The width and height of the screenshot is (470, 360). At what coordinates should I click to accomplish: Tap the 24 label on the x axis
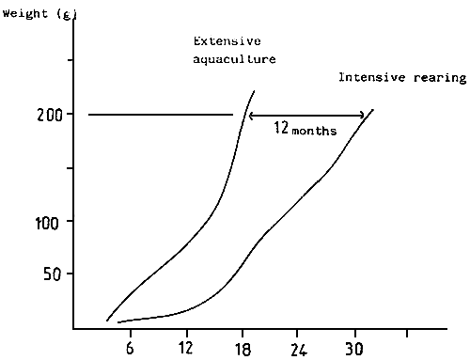[298, 346]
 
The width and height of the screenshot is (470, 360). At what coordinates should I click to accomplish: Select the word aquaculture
[235, 59]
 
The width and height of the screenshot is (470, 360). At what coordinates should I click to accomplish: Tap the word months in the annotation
[314, 133]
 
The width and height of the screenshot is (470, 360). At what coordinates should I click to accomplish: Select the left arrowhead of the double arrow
[251, 116]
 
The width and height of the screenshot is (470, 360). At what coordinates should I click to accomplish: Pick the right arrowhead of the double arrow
[363, 116]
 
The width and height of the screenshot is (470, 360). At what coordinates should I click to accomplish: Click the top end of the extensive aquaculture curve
[254, 91]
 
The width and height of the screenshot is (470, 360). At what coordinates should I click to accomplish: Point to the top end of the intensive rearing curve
[373, 110]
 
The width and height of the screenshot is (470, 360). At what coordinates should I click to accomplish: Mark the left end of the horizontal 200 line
[88, 115]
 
